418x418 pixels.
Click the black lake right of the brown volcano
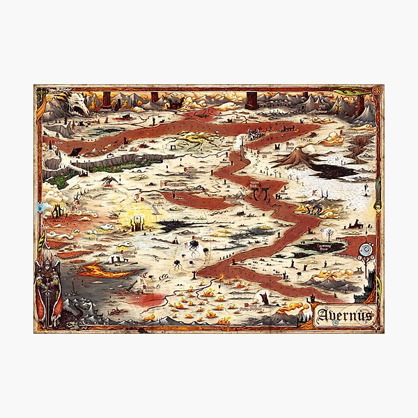point(334,168)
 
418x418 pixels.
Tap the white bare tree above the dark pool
point(328,233)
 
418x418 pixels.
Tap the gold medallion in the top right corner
point(377,91)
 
